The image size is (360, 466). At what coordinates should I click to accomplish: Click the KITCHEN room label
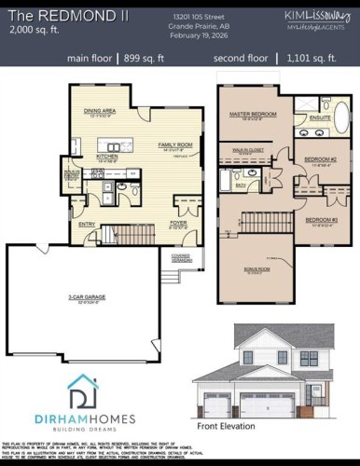pyautogui.click(x=107, y=157)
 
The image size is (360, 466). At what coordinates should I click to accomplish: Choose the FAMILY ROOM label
pyautogui.click(x=174, y=146)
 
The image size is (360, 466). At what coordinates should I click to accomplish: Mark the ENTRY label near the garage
pyautogui.click(x=87, y=224)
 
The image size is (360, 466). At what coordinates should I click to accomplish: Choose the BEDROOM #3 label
pyautogui.click(x=320, y=220)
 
